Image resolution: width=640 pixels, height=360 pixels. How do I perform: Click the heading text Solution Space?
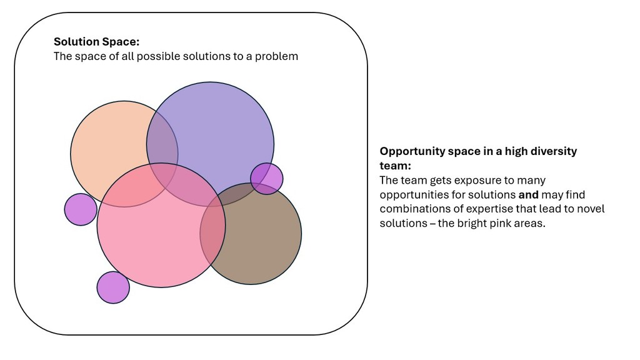(96, 42)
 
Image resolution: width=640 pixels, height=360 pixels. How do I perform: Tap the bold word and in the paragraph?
(528, 195)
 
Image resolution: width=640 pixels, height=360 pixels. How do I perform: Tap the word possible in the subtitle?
(159, 56)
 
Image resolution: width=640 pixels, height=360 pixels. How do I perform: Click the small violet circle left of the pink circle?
(81, 209)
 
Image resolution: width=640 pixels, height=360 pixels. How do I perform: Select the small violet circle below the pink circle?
(113, 287)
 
